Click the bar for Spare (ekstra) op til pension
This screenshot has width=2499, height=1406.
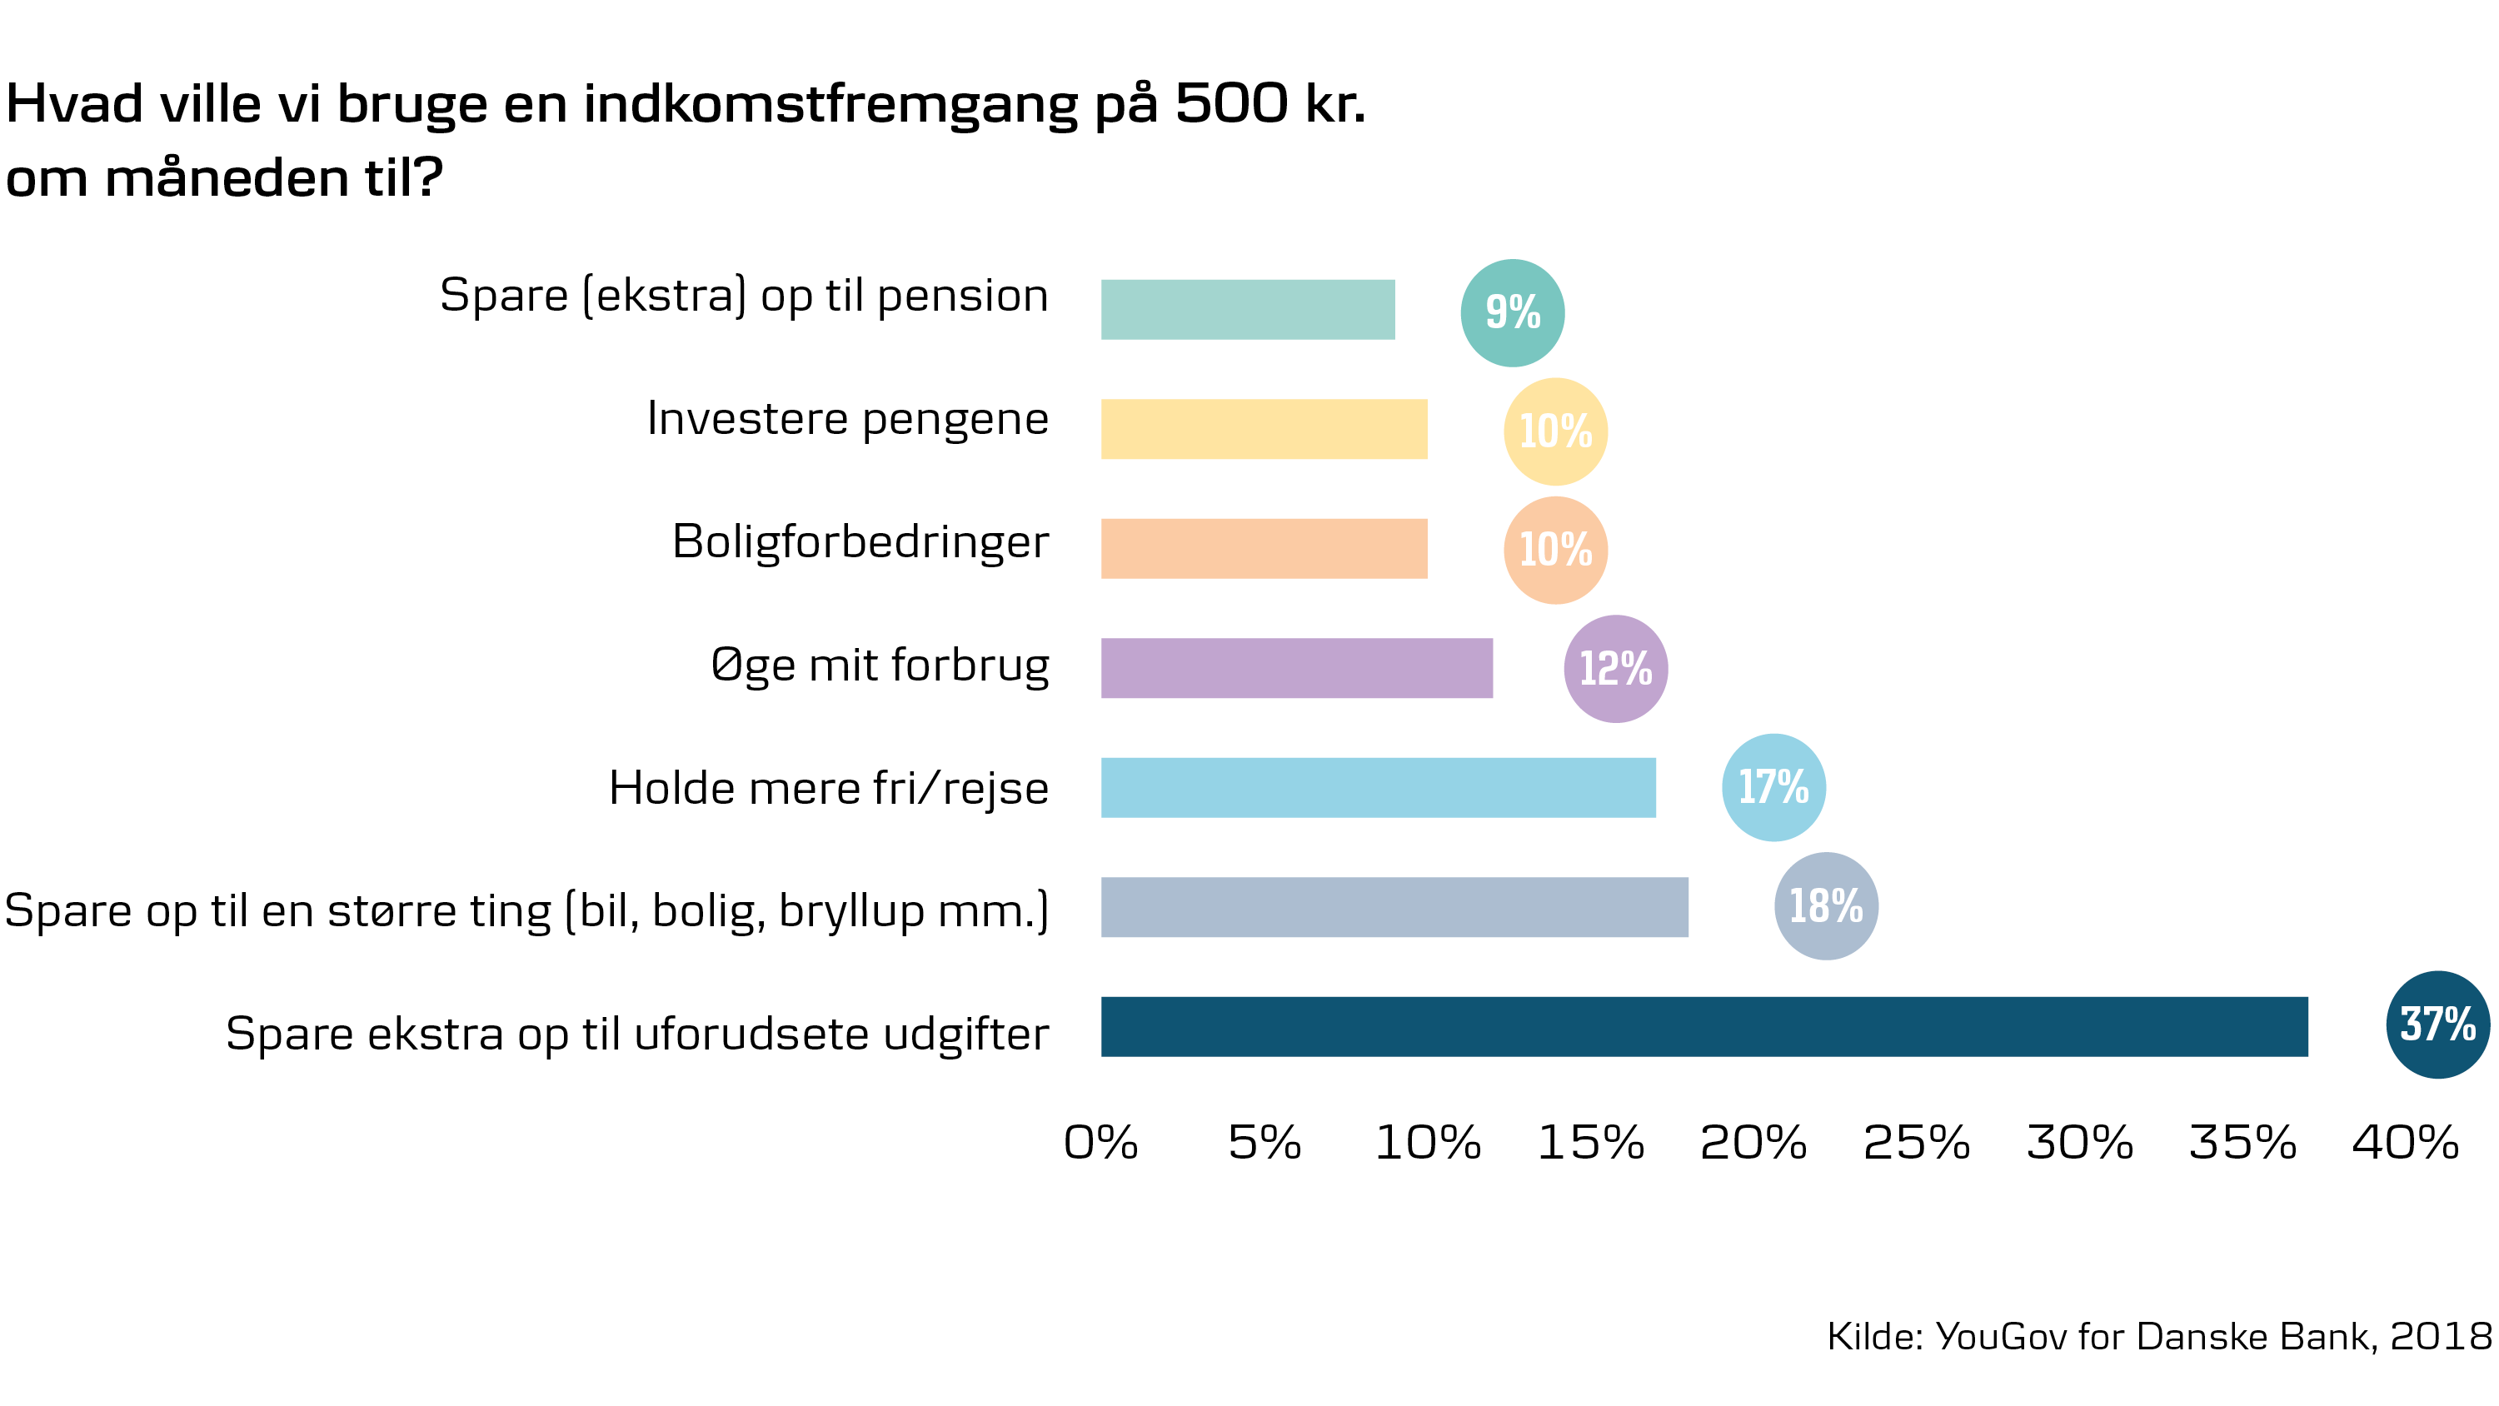(1248, 310)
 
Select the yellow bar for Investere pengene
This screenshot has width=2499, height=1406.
(1264, 429)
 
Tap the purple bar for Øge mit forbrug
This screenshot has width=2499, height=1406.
(1296, 667)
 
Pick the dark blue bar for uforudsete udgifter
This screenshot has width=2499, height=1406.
(1703, 1027)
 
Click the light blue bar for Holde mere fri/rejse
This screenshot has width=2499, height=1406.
(1378, 787)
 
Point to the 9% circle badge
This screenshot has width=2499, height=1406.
(1513, 312)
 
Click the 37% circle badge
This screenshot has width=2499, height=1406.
(2438, 1025)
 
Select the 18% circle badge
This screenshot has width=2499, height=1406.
(1826, 906)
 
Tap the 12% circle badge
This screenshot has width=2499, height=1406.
(1615, 669)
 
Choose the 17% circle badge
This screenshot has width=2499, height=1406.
(1773, 787)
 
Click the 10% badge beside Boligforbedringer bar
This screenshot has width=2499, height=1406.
(1555, 551)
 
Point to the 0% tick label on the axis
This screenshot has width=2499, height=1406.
(1100, 1143)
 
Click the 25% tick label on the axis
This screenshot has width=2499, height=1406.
(1916, 1143)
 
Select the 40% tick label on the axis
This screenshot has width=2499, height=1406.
(2405, 1143)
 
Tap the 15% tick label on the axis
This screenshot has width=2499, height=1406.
(1591, 1143)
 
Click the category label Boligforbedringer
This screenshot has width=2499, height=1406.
(860, 542)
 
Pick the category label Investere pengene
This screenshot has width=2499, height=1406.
(847, 419)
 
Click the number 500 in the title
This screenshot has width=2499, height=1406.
(1231, 102)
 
